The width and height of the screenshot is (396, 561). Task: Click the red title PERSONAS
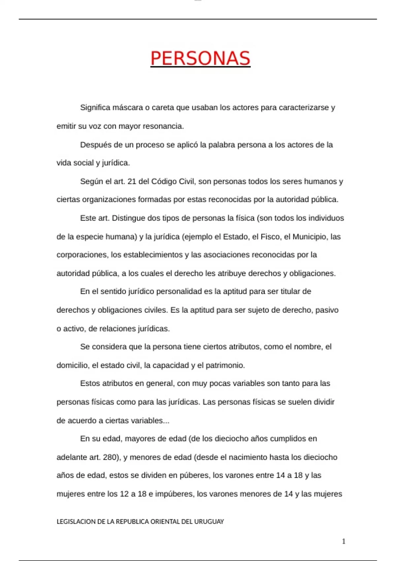(200, 58)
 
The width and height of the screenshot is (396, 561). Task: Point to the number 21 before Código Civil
(132, 181)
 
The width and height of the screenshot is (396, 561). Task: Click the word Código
(164, 181)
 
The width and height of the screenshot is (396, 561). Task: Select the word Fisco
(270, 237)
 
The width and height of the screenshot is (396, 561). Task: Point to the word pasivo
(327, 310)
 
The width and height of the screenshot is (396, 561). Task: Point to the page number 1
(344, 541)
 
